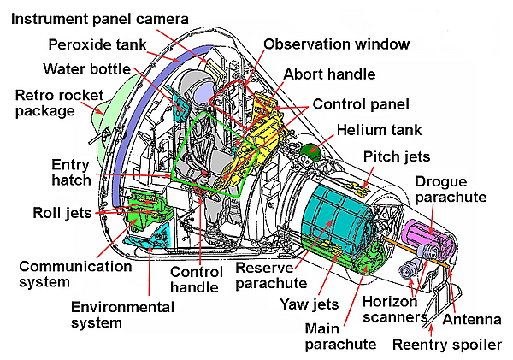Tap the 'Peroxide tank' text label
[97, 44]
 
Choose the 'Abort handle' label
[329, 74]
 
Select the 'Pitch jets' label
[397, 156]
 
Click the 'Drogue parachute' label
[451, 189]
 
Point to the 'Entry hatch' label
[69, 172]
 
